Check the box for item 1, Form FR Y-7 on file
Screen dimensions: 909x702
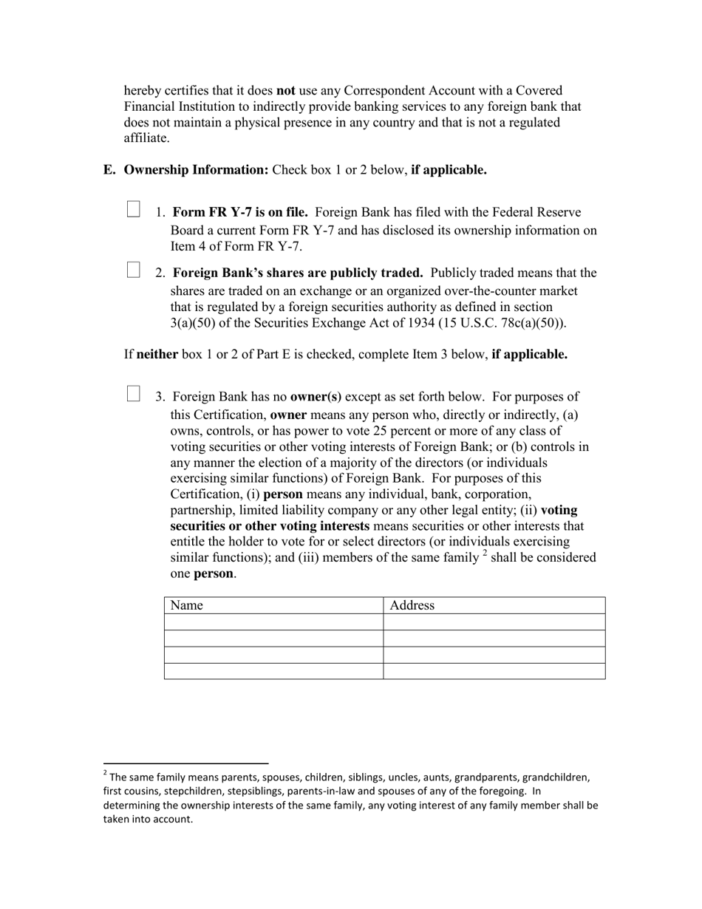click(133, 209)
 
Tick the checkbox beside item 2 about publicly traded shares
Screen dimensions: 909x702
click(133, 270)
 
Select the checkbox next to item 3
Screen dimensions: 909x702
click(133, 393)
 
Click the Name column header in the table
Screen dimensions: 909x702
click(186, 605)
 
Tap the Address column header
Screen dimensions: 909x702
click(412, 605)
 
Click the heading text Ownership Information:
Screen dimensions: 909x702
click(196, 170)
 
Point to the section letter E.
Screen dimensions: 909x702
click(109, 170)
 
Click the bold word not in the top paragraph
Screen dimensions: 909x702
click(285, 91)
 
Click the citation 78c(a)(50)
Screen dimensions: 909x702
click(530, 323)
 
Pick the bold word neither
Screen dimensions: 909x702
click(157, 354)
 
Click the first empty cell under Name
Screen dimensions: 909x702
click(273, 622)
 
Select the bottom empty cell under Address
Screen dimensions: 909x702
click(494, 671)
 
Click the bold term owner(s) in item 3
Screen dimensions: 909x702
click(316, 397)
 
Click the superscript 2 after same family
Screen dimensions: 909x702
click(485, 554)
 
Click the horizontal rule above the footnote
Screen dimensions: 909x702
click(185, 763)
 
